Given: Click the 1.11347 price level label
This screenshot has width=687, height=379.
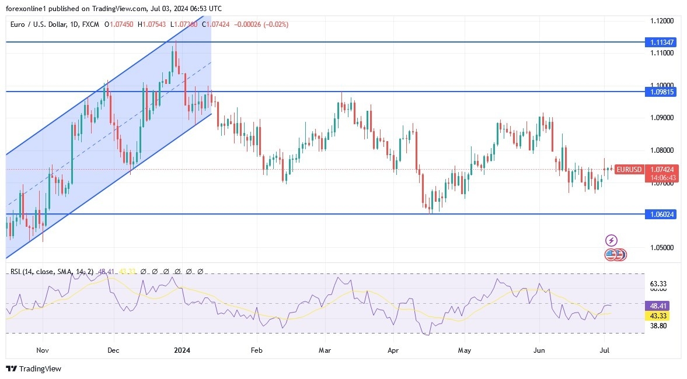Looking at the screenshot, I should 661,42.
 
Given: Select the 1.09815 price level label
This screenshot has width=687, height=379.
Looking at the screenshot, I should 661,92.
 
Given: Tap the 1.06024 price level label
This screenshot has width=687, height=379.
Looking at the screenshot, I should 661,214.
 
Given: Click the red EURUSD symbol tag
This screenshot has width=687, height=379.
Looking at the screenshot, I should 629,170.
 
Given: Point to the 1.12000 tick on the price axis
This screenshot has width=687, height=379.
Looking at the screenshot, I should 662,20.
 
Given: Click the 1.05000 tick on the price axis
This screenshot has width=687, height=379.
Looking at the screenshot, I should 662,247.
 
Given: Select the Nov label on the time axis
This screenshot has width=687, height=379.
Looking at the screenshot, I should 42,350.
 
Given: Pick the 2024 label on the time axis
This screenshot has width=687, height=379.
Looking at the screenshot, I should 183,350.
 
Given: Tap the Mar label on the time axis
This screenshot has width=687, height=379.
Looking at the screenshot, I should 325,350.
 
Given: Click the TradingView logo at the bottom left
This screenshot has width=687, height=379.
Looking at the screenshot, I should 33,369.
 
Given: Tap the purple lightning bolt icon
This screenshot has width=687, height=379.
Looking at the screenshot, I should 611,240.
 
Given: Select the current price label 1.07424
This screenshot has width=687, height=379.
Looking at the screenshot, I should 662,169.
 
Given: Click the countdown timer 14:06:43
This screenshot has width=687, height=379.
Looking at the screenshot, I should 662,177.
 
